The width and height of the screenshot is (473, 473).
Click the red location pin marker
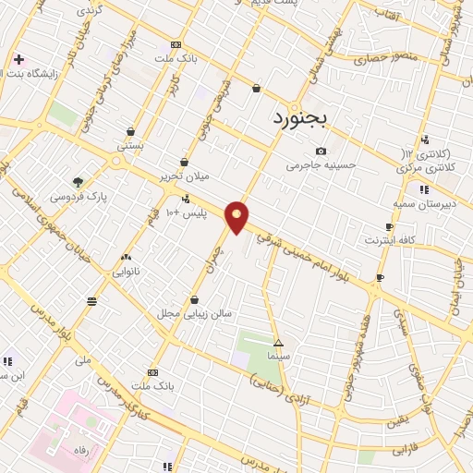tap(237, 217)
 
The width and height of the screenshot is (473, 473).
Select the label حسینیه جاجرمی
tap(321, 165)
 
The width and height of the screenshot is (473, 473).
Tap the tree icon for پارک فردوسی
tap(78, 182)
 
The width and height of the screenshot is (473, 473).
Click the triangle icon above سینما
tap(278, 343)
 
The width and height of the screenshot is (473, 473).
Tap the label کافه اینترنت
tap(389, 241)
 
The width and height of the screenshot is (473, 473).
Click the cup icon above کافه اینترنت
tap(389, 227)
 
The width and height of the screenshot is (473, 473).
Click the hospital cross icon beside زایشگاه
tap(18, 59)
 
